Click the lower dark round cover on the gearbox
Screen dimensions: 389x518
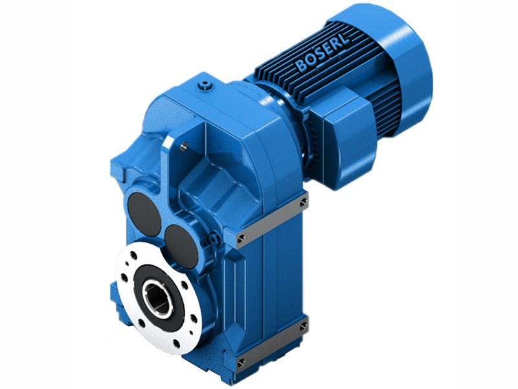click(x=181, y=243)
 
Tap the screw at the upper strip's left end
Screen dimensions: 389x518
click(x=241, y=239)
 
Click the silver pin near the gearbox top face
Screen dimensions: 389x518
click(x=183, y=147)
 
